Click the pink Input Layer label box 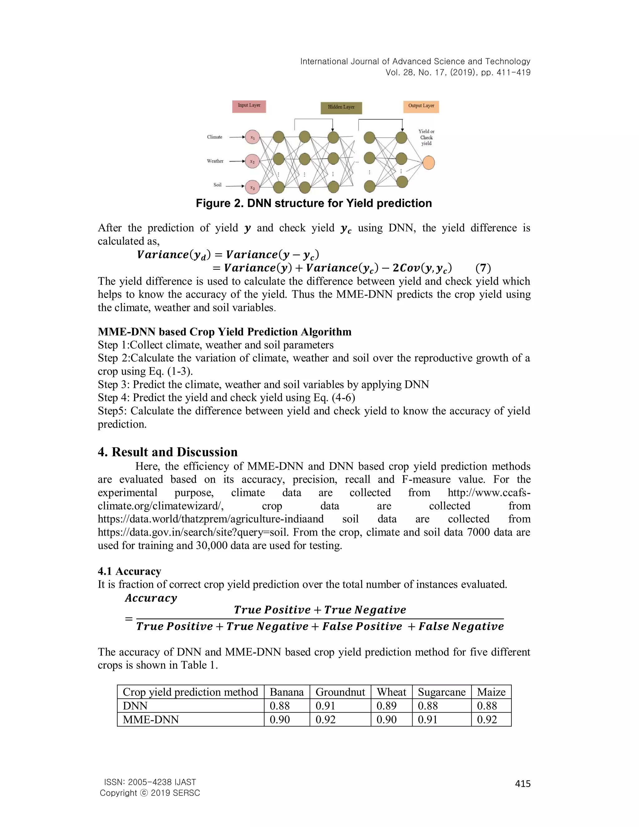point(249,106)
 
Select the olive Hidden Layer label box point(341,108)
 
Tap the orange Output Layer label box point(421,106)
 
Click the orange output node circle point(428,163)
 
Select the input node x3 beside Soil point(252,187)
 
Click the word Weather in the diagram point(215,161)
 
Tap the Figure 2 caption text point(314,204)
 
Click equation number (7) point(483,268)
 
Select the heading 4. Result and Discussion point(167,452)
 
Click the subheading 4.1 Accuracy point(129,571)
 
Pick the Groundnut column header point(340,692)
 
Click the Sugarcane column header point(441,692)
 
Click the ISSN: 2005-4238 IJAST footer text point(150,782)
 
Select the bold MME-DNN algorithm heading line point(224,332)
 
